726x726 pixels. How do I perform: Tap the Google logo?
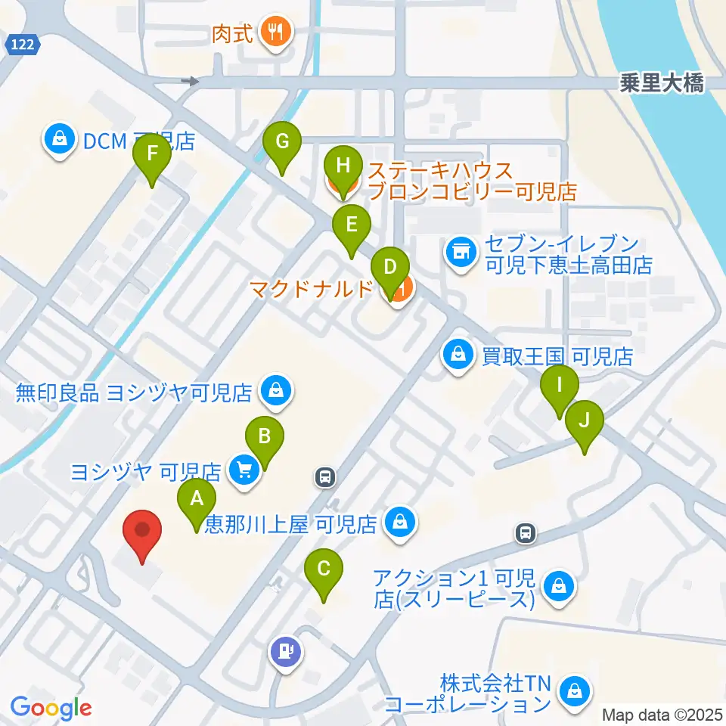pos(51,708)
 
